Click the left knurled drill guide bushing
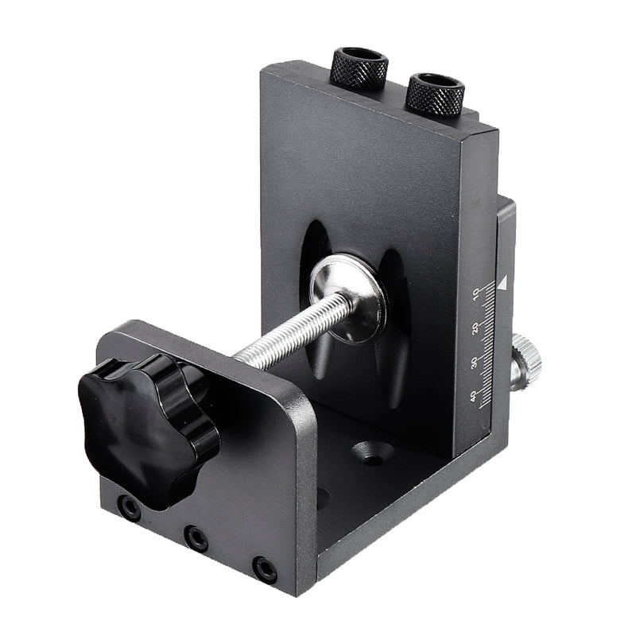[359, 70]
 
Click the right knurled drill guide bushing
[435, 95]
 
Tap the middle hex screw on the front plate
[195, 537]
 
